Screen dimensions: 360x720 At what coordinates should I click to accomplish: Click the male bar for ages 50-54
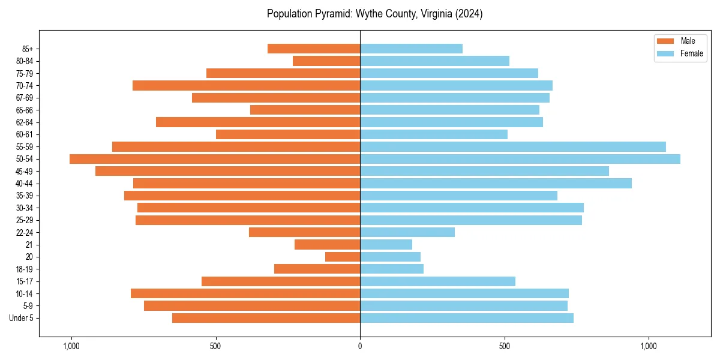[x=215, y=159]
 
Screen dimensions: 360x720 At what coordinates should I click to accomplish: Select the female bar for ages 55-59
[x=513, y=146]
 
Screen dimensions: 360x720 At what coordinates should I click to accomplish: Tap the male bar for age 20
[x=343, y=257]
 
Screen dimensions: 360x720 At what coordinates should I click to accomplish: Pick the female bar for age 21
[x=386, y=244]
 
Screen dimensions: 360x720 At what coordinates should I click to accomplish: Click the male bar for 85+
[x=314, y=49]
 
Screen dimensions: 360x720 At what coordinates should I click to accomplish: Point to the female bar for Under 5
[x=467, y=318]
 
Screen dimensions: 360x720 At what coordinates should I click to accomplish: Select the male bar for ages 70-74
[x=246, y=85]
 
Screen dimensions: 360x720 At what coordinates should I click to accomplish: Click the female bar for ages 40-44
[x=496, y=183]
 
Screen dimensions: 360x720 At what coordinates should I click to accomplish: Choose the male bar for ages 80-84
[x=326, y=61]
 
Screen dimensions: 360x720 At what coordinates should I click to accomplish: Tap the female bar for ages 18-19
[x=392, y=269]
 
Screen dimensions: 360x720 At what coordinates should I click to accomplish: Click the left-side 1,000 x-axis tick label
[x=71, y=346]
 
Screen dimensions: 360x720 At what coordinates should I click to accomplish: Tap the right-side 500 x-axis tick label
[x=505, y=346]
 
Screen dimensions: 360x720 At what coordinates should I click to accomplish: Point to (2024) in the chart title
[x=469, y=14]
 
